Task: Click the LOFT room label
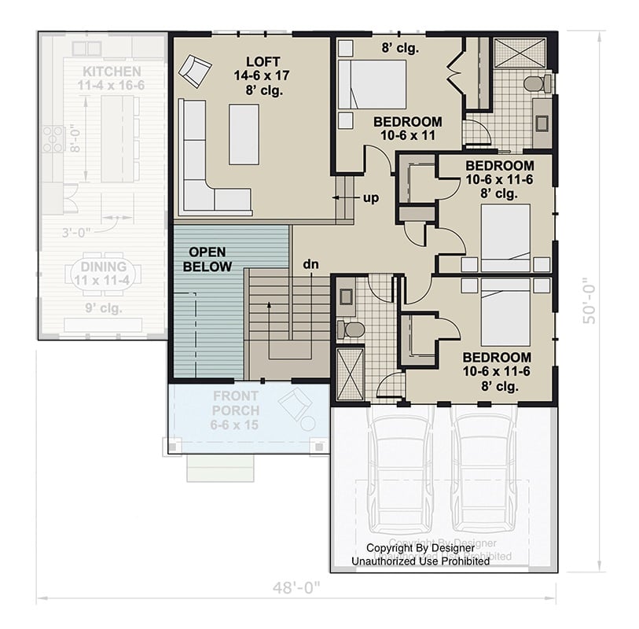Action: (263, 61)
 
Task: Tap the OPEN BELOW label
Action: (207, 259)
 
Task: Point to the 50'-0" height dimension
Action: (591, 300)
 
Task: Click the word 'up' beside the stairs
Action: (371, 197)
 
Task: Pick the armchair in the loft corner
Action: (194, 72)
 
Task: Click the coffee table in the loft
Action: (244, 134)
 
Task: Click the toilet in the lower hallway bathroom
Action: (351, 329)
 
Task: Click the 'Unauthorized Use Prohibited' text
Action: (420, 561)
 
